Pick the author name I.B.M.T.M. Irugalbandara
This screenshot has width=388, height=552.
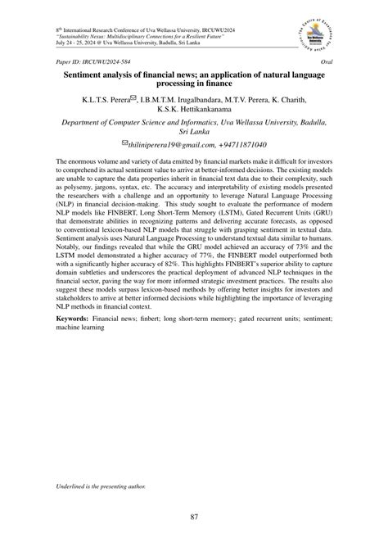click(186, 100)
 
